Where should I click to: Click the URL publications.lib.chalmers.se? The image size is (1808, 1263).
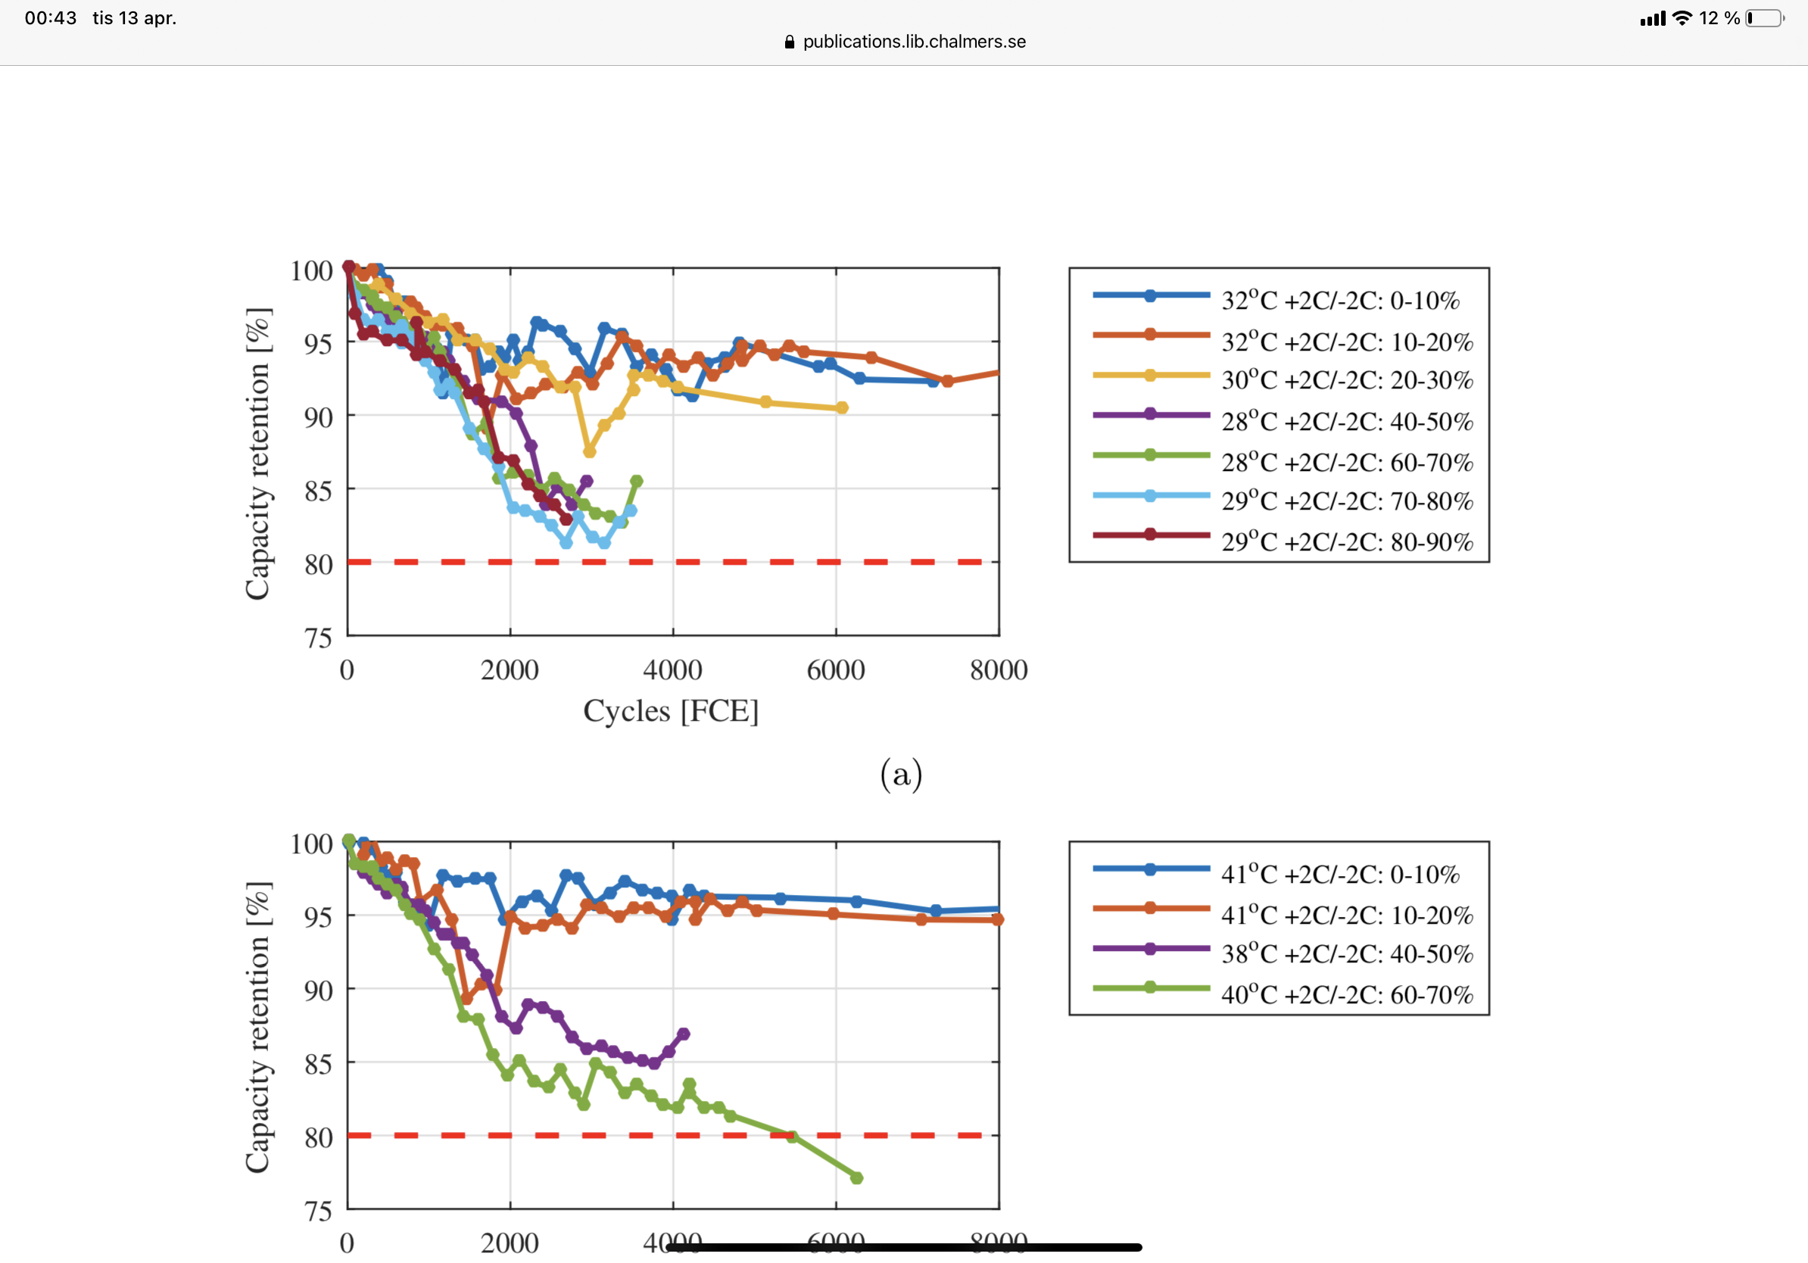913,42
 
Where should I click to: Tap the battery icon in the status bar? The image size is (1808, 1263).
1765,18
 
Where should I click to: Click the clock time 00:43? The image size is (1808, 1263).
51,18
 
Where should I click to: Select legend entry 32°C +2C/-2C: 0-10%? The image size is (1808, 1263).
1339,300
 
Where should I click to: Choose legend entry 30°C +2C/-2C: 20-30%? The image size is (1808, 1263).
1347,380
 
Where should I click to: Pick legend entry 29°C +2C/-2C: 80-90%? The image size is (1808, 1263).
1347,541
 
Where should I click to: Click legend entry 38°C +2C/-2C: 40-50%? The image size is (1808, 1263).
1347,954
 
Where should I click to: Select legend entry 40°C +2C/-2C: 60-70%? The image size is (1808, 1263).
1347,994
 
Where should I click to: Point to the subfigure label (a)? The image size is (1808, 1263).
901,775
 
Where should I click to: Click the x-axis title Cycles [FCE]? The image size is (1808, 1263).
671,711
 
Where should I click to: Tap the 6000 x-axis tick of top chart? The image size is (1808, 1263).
836,670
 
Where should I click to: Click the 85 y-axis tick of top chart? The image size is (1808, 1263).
319,491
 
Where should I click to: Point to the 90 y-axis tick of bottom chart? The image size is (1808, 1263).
319,990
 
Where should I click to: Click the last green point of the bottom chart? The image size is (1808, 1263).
857,1178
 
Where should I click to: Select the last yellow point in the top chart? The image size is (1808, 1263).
842,408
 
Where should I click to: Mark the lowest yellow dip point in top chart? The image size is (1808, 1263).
589,452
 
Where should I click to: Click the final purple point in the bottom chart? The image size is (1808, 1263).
684,1034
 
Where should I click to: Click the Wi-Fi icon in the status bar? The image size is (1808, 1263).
1682,18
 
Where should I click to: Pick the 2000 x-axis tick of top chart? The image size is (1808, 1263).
510,670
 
